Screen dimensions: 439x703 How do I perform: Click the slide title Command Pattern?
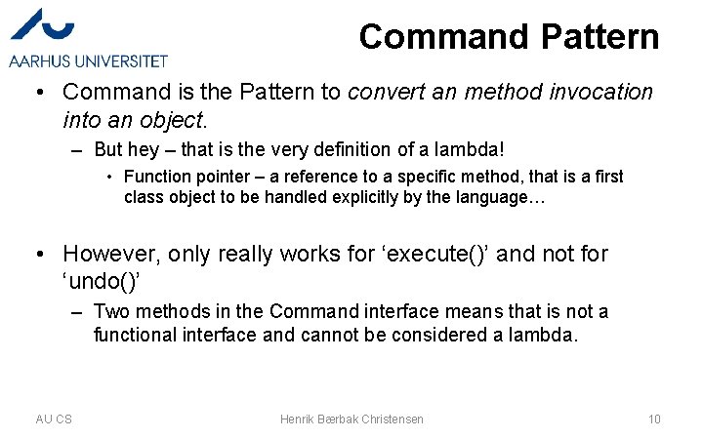click(509, 37)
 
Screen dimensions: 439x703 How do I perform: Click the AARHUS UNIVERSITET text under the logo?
click(89, 61)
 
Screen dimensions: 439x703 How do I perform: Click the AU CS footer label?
click(54, 419)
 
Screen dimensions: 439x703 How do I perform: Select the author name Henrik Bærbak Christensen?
click(351, 419)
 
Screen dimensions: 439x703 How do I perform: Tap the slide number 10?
click(654, 419)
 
